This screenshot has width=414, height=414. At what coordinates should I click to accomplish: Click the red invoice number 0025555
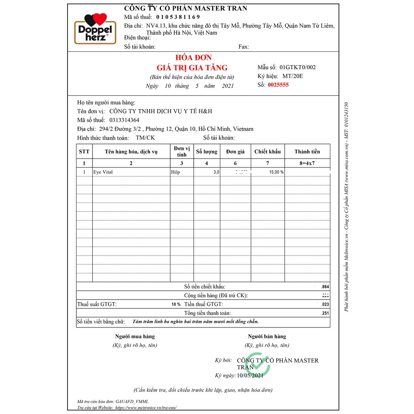coord(278,85)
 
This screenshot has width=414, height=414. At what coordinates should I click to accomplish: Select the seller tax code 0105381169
coord(178,17)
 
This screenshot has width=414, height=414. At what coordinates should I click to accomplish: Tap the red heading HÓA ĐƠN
coord(192,58)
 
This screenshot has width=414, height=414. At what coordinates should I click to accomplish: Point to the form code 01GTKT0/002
coord(297,67)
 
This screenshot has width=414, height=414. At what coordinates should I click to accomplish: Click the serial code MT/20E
coord(292,76)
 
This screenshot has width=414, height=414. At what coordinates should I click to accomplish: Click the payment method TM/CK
coord(145,138)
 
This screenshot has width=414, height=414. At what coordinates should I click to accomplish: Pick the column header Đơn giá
coord(235,152)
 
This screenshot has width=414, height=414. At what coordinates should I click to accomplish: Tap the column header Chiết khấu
coord(267,152)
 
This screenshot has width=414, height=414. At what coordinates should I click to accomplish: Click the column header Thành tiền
coord(307,152)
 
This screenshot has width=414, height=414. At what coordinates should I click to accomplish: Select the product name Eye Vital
coord(103,172)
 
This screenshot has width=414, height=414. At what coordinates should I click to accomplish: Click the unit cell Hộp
coord(175,172)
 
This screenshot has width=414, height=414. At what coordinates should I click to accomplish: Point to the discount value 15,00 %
coord(276,172)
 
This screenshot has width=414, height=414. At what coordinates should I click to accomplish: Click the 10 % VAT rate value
coord(175,304)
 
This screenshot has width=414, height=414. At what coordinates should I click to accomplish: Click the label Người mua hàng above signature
coord(135,336)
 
